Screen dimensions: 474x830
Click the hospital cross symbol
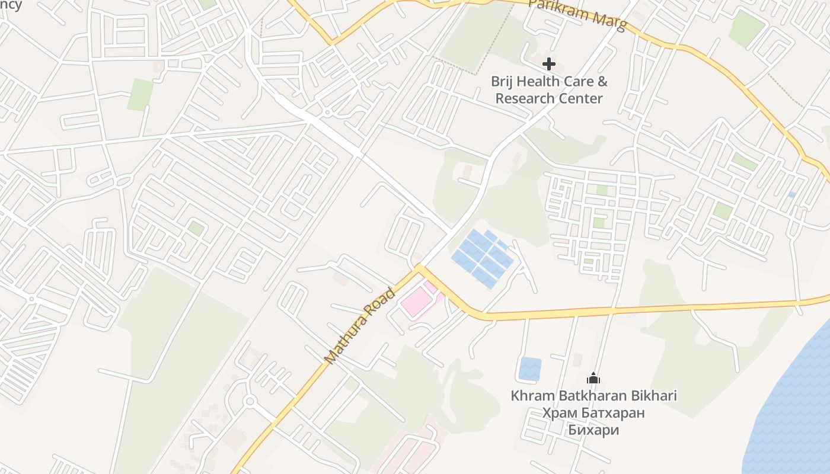[549, 63]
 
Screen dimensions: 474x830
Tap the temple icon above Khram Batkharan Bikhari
[593, 378]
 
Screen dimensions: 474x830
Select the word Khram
[532, 396]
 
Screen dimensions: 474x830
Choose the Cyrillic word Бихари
[593, 430]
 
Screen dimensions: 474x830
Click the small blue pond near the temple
[530, 369]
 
